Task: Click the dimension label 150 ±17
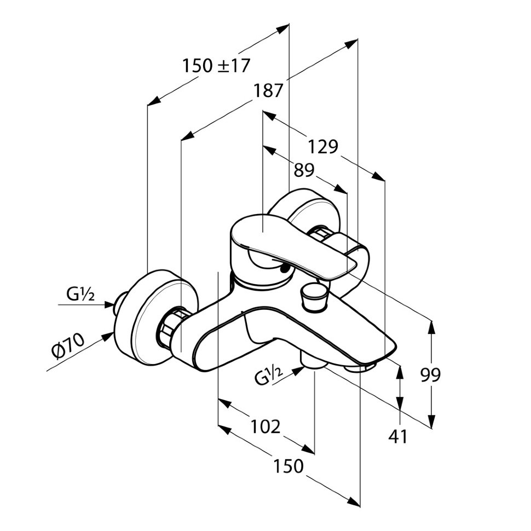(216, 66)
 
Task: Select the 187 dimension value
(268, 90)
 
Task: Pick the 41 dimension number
(399, 436)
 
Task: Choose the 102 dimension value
(265, 426)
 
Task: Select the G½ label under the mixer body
(269, 377)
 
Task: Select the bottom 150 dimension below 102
(288, 466)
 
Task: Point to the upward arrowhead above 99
(432, 326)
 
